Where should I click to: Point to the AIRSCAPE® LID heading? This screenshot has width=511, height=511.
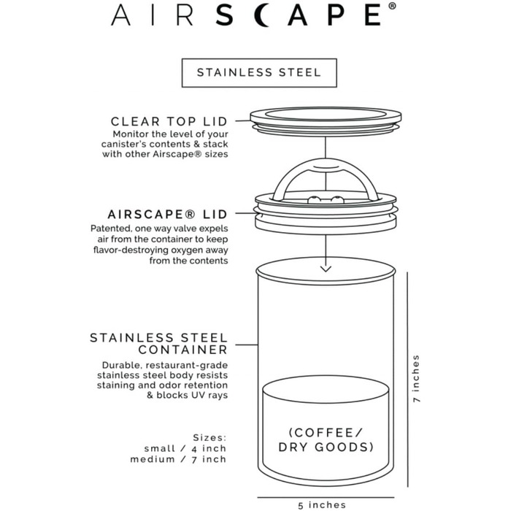167,215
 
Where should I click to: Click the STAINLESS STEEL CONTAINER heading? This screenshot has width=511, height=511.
159,345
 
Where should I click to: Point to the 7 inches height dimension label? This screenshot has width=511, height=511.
416,379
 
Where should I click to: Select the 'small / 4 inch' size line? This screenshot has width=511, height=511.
186,447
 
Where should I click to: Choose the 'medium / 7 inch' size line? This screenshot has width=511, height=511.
179,459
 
